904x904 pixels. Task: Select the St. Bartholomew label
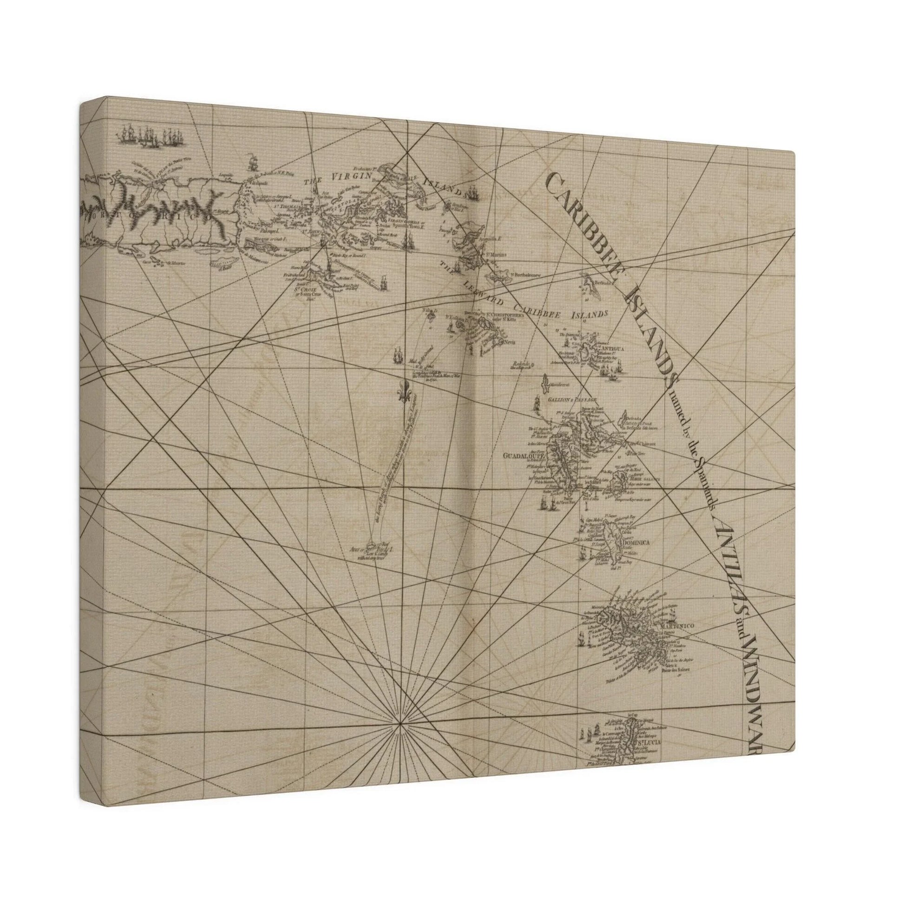(525, 275)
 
